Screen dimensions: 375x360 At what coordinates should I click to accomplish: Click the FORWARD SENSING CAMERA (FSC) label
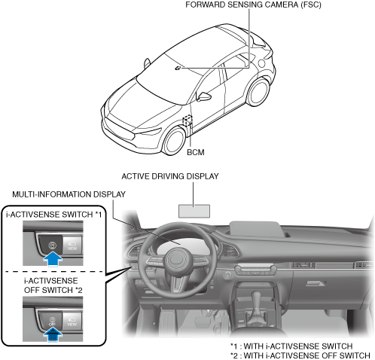[253, 5]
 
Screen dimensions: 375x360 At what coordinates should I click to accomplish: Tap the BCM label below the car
[196, 152]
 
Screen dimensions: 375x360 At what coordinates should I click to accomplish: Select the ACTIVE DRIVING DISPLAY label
[170, 176]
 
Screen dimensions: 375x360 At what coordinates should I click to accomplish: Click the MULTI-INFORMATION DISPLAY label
[69, 194]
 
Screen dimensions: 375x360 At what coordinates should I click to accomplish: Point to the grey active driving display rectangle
[194, 211]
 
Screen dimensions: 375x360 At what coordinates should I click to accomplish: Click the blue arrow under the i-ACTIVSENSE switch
[53, 260]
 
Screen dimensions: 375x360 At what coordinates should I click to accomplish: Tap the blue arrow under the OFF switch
[53, 335]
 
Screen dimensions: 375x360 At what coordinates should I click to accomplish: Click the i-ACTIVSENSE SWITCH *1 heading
[54, 215]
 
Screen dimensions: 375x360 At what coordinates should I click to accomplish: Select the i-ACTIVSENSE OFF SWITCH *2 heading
[53, 285]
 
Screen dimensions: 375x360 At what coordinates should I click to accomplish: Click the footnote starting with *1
[291, 346]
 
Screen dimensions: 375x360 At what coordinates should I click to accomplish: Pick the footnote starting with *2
[300, 355]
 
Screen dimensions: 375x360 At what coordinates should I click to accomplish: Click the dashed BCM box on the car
[187, 121]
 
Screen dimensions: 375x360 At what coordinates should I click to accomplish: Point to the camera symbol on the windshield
[178, 69]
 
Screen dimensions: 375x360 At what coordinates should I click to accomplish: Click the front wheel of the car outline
[174, 141]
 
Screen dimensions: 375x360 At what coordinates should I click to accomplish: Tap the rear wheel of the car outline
[258, 92]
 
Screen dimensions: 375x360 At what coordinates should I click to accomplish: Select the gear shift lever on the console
[257, 304]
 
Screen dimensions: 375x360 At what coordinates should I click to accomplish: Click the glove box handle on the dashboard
[317, 283]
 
